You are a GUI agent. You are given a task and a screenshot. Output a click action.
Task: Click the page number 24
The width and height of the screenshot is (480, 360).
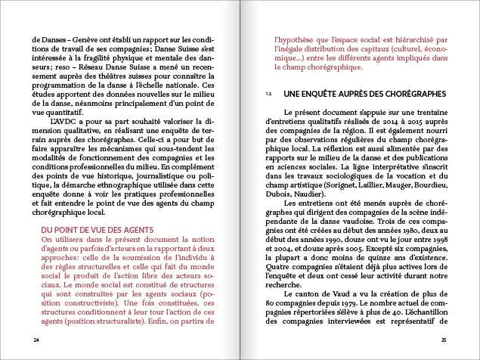tap(36, 340)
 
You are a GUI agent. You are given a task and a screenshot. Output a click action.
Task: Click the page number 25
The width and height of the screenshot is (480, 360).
tap(444, 340)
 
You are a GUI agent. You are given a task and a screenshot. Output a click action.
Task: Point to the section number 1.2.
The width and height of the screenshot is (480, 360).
tap(269, 94)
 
